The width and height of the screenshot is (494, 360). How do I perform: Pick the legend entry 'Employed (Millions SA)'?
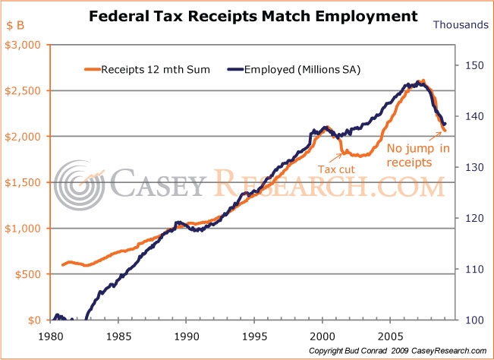coord(295,70)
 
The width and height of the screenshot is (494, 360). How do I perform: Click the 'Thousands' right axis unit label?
coord(461,24)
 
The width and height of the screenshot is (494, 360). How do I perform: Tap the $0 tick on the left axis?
coord(36,320)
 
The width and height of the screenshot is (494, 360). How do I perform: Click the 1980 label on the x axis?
coord(51,335)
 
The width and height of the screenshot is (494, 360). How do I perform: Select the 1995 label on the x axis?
coord(255,335)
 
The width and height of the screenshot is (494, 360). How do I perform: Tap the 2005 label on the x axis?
coord(391,335)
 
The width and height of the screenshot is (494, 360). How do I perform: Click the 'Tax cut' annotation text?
coord(336,169)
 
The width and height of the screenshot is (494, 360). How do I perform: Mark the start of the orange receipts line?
coord(62,265)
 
